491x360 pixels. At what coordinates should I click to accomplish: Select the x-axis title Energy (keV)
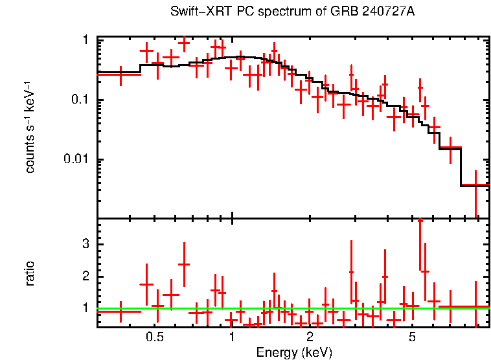(x=294, y=352)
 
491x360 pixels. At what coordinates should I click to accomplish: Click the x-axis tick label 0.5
(x=154, y=337)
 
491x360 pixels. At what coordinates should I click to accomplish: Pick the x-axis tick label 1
(x=232, y=337)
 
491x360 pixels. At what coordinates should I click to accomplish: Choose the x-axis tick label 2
(x=310, y=337)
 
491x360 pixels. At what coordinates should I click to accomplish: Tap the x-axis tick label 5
(x=412, y=337)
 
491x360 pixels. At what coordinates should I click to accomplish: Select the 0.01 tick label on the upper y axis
(x=76, y=159)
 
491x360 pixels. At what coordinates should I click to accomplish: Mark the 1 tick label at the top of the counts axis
(x=86, y=40)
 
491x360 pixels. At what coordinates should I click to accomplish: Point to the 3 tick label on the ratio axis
(x=85, y=243)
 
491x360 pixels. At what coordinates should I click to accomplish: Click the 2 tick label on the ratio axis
(x=85, y=276)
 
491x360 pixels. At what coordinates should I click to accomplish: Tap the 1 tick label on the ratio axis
(x=85, y=308)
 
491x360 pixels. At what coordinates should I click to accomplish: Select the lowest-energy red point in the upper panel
(x=119, y=74)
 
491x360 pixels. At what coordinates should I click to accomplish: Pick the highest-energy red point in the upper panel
(x=475, y=186)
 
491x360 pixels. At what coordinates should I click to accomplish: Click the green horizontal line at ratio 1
(x=291, y=309)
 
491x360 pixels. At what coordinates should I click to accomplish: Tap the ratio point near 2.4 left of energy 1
(x=184, y=264)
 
